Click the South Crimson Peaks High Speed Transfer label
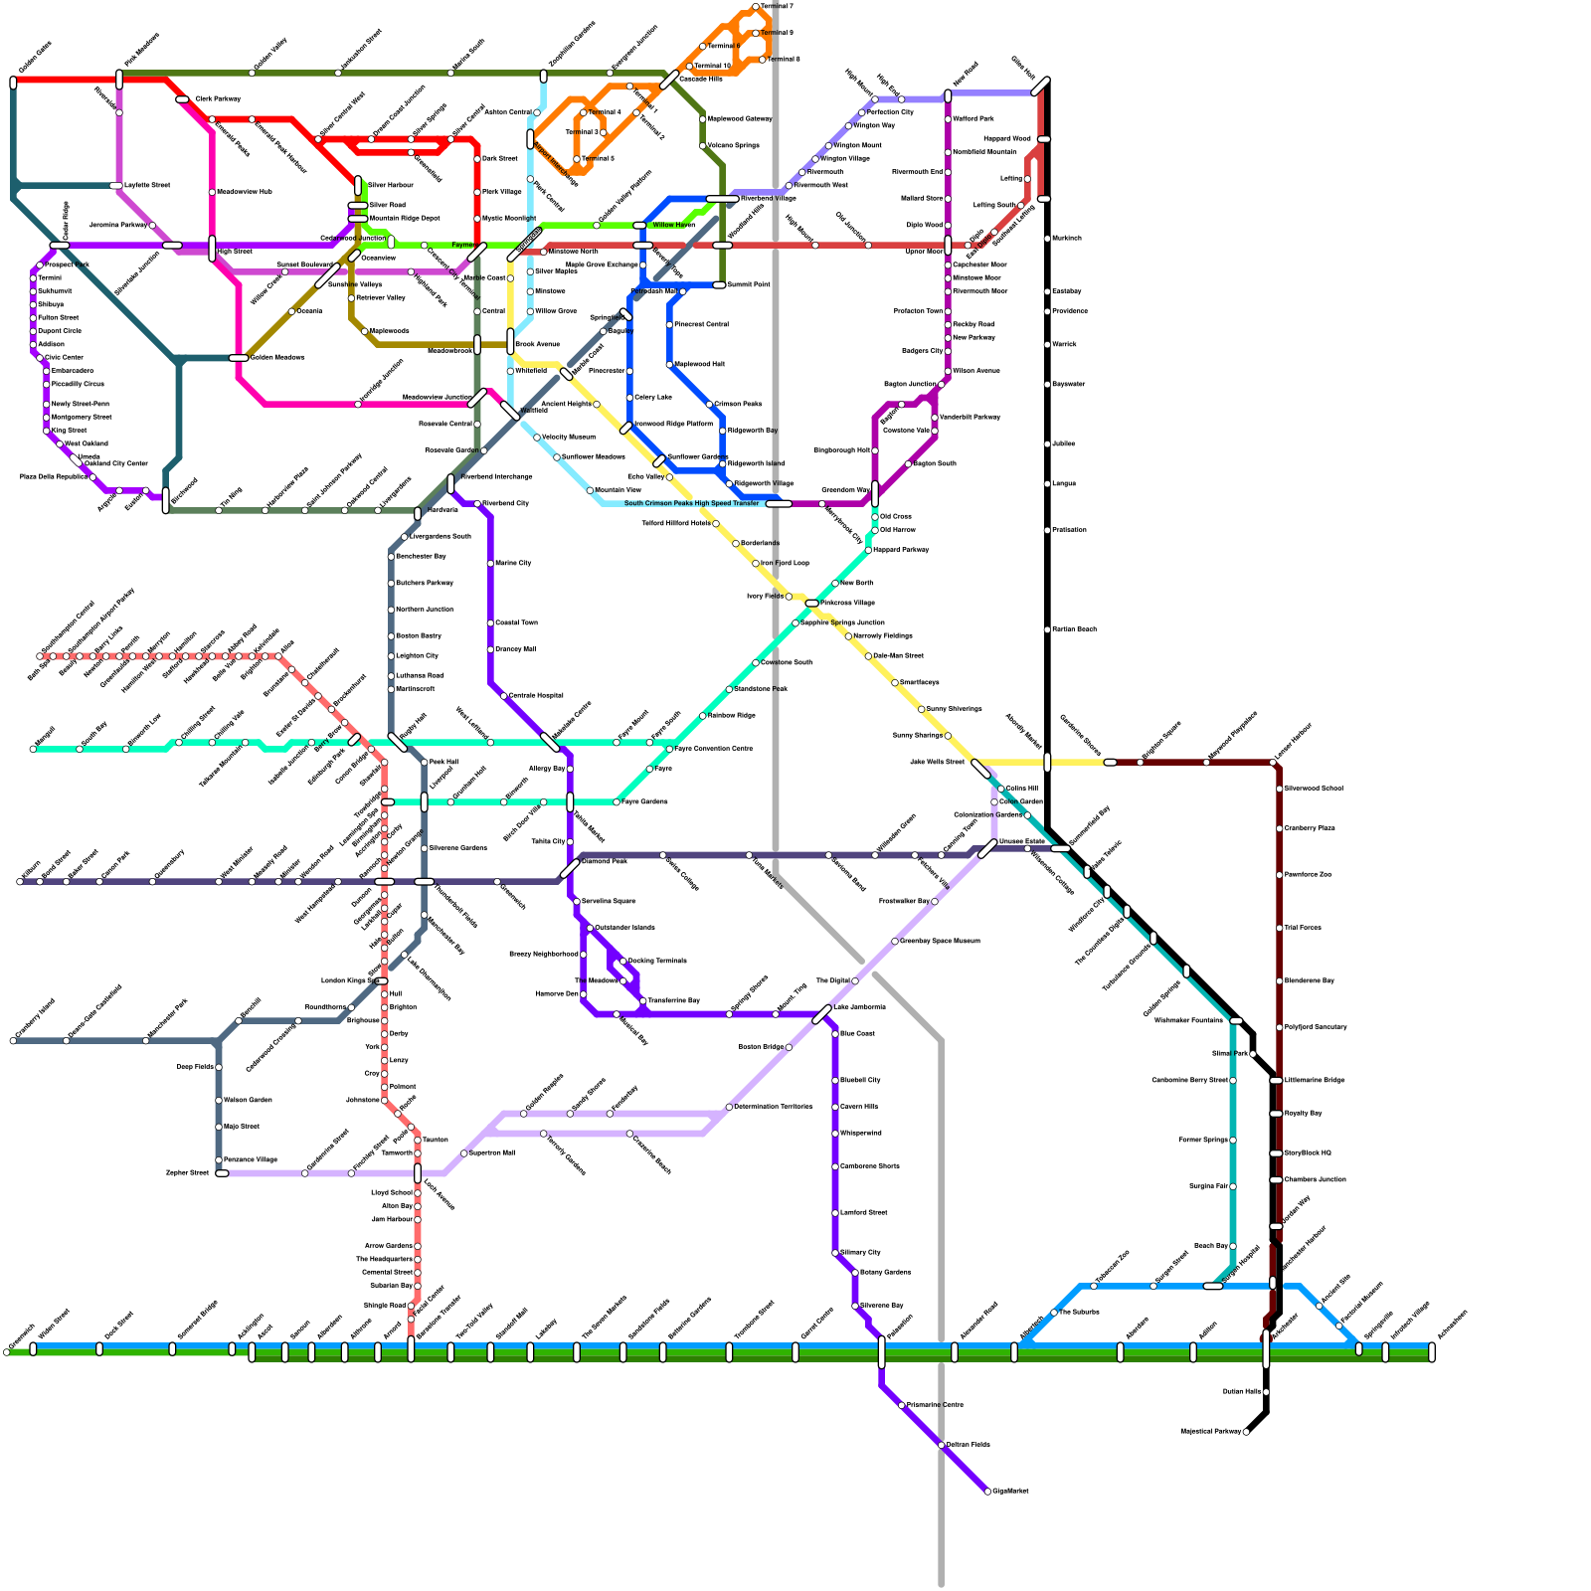pos(691,503)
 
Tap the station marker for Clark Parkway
pos(182,99)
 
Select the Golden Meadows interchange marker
pos(239,358)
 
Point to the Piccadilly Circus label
pos(78,384)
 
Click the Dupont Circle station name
pos(60,331)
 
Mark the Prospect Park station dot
pos(40,265)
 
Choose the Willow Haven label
pos(673,225)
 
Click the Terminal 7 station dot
pos(756,7)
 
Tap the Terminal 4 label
pos(605,112)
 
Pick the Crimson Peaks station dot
pos(709,405)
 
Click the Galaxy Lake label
pos(652,398)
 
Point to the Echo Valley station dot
pos(669,477)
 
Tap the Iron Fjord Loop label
pos(785,564)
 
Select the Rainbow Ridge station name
pos(732,716)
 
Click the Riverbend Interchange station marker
pos(450,483)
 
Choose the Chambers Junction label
pos(1315,1180)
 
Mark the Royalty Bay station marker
pos(1276,1114)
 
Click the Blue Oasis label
pos(857,1034)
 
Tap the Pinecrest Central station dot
pos(669,325)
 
